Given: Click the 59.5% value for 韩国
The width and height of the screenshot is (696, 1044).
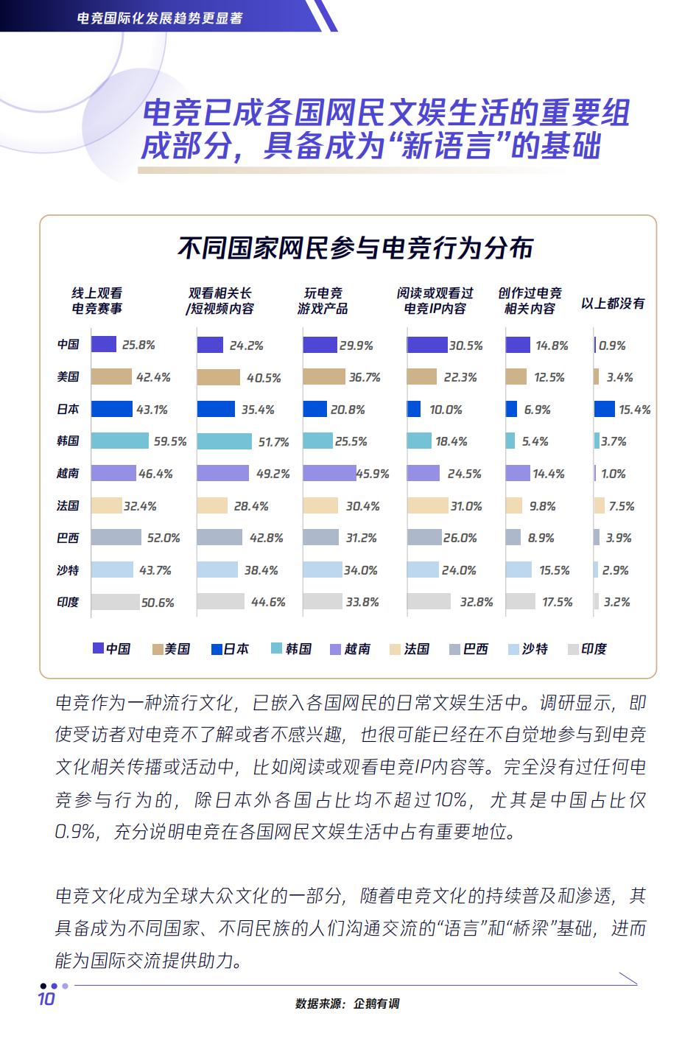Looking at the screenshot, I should (170, 442).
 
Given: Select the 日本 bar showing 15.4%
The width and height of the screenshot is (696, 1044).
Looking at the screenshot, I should (605, 409).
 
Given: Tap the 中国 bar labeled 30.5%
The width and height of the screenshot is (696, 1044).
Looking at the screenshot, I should (427, 345).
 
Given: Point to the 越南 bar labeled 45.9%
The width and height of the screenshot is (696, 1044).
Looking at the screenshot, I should (329, 473).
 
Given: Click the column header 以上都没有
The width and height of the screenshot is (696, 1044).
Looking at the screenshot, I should (613, 303).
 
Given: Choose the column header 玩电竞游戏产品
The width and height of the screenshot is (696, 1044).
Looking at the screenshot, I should (323, 301).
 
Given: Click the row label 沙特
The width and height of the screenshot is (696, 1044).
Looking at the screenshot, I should (68, 570).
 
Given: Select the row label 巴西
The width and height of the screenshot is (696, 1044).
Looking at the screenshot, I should (68, 538).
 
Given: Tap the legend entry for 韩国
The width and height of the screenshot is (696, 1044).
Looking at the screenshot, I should (292, 649).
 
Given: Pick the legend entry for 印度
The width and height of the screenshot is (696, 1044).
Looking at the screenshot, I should (587, 649).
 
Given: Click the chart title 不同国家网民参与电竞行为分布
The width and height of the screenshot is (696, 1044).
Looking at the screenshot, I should (355, 248).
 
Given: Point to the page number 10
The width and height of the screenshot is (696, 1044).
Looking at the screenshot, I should (46, 999).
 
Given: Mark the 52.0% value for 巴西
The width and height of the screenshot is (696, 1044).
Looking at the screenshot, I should (164, 538).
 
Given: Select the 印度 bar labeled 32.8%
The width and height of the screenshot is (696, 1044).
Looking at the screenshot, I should (429, 602).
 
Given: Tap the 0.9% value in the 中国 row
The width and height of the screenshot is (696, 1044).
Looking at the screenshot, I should (612, 346).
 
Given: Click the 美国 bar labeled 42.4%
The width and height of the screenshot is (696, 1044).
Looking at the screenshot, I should (111, 377).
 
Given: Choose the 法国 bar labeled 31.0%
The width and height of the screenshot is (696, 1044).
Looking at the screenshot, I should (427, 505).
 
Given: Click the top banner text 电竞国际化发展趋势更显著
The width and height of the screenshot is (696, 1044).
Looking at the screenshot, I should (160, 17).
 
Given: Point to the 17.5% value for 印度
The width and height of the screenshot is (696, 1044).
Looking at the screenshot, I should (557, 603).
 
